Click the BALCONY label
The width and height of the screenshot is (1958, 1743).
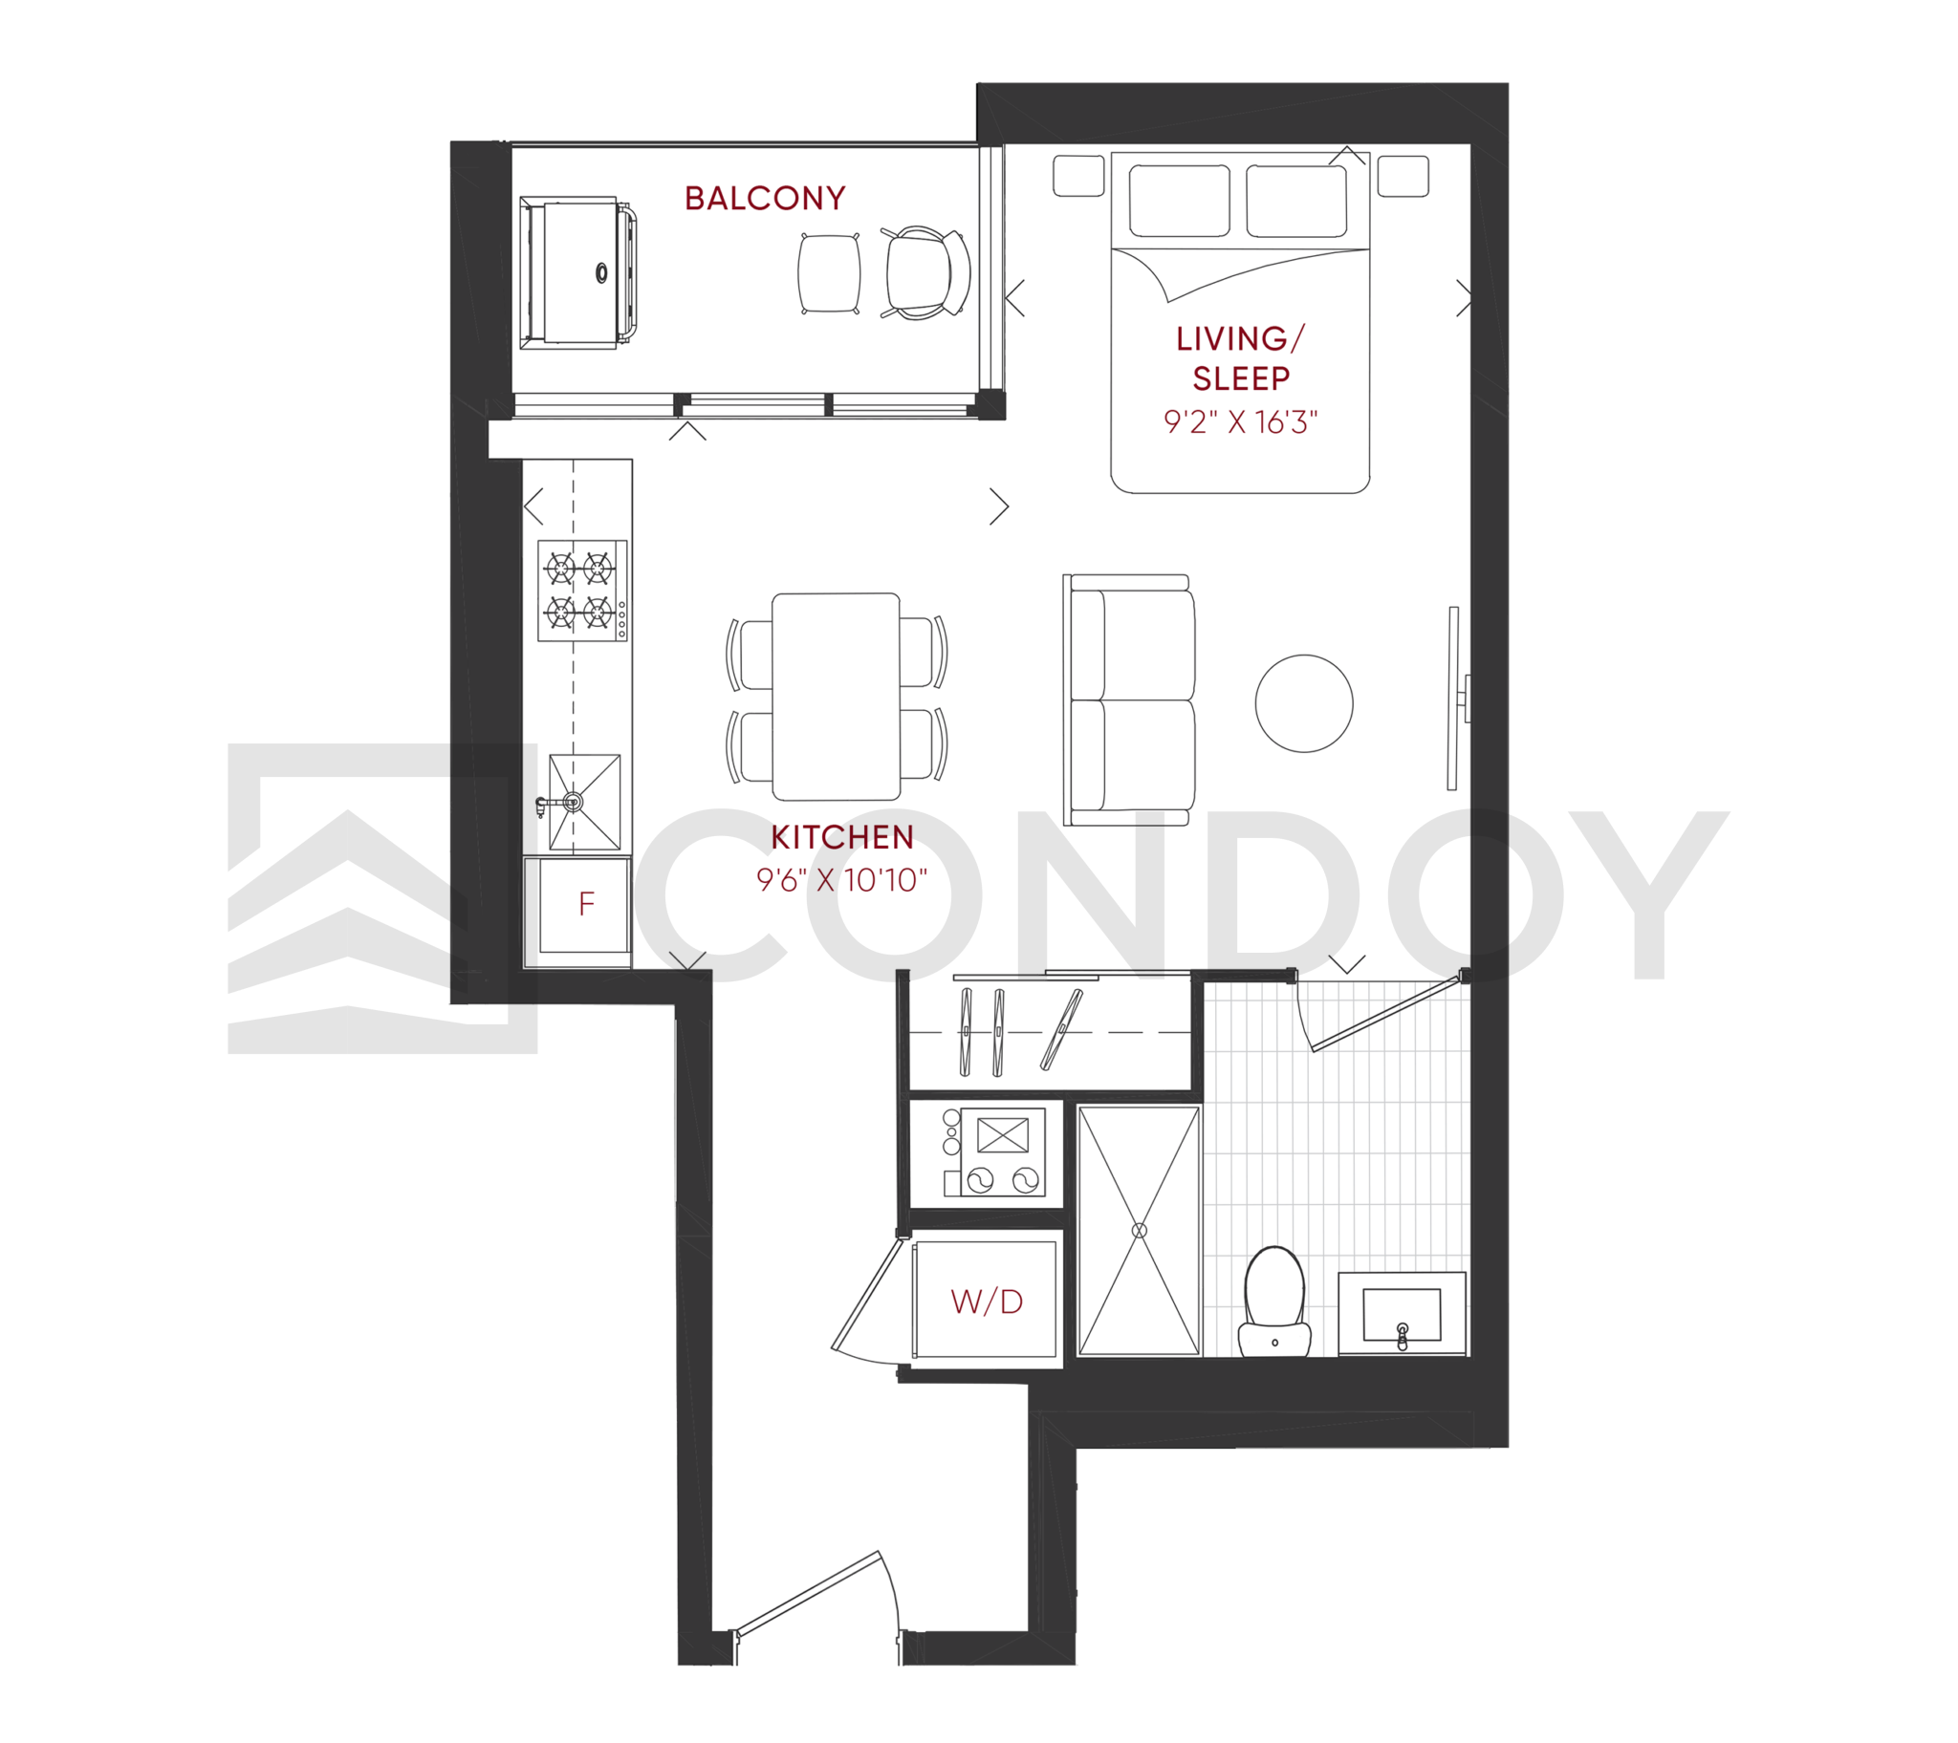coord(766,198)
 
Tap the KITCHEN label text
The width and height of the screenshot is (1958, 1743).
coord(842,837)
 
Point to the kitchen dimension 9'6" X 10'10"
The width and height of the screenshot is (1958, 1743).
coord(842,880)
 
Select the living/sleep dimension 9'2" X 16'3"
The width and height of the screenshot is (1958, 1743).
coord(1241,422)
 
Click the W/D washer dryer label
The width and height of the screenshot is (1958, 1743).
coord(987,1302)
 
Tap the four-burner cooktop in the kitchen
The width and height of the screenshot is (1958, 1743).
coord(582,591)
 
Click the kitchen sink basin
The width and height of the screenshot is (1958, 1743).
coord(584,803)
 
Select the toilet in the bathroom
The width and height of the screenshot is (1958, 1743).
coord(1275,1301)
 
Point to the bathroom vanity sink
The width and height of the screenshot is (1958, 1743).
coord(1402,1313)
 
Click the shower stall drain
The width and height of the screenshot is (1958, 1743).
coord(1139,1231)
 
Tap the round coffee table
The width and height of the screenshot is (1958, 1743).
coord(1304,703)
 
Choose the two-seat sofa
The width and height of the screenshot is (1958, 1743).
coord(1129,700)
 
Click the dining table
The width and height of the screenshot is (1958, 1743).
coord(837,697)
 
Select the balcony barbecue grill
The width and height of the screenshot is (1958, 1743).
coord(578,273)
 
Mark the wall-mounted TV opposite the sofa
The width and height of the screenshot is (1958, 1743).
coord(1455,699)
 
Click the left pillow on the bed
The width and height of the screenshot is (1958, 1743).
coord(1179,200)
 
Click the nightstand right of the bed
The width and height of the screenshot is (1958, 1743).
coord(1403,176)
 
